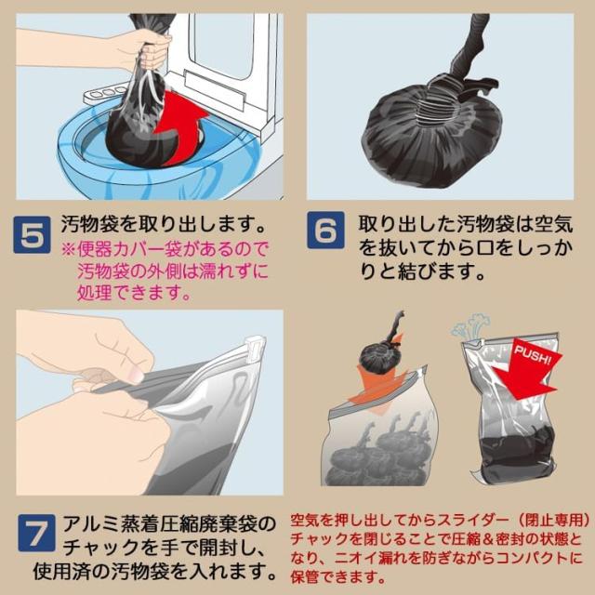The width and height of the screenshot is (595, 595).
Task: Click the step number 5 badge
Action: (32, 234)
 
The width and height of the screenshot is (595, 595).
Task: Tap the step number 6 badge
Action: (325, 231)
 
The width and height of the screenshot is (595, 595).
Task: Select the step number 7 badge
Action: (36, 533)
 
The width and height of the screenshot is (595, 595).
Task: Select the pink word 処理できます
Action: (134, 293)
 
